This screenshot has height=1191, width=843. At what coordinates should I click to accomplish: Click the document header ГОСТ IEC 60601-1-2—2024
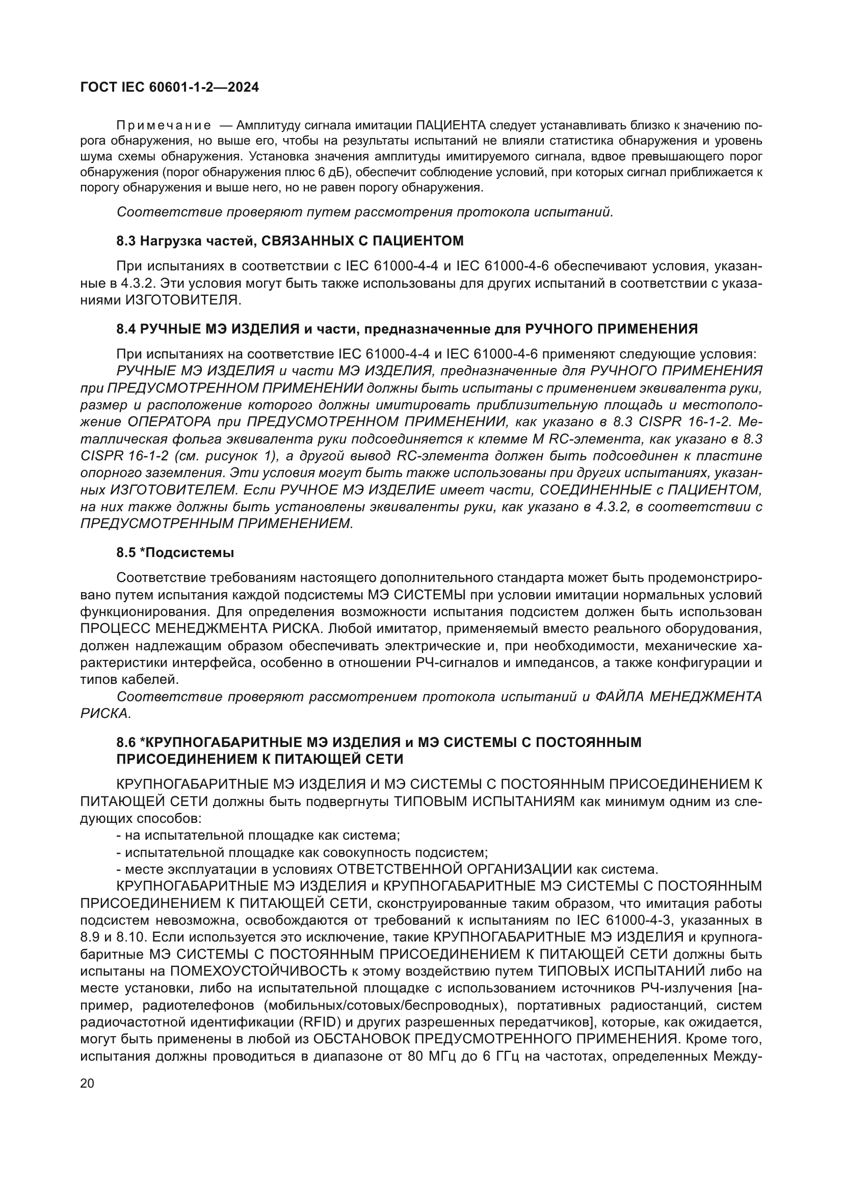click(x=169, y=88)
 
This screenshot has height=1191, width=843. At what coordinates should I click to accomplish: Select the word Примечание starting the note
click(x=164, y=126)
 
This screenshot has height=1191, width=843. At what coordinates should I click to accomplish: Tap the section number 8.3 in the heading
click(x=126, y=241)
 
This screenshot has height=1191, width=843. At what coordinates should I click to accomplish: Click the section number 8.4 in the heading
click(x=126, y=329)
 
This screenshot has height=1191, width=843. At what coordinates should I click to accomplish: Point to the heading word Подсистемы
click(x=190, y=553)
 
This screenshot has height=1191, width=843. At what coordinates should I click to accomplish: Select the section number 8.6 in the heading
click(x=126, y=742)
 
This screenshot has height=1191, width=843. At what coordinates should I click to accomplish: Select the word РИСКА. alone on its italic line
click(x=106, y=714)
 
